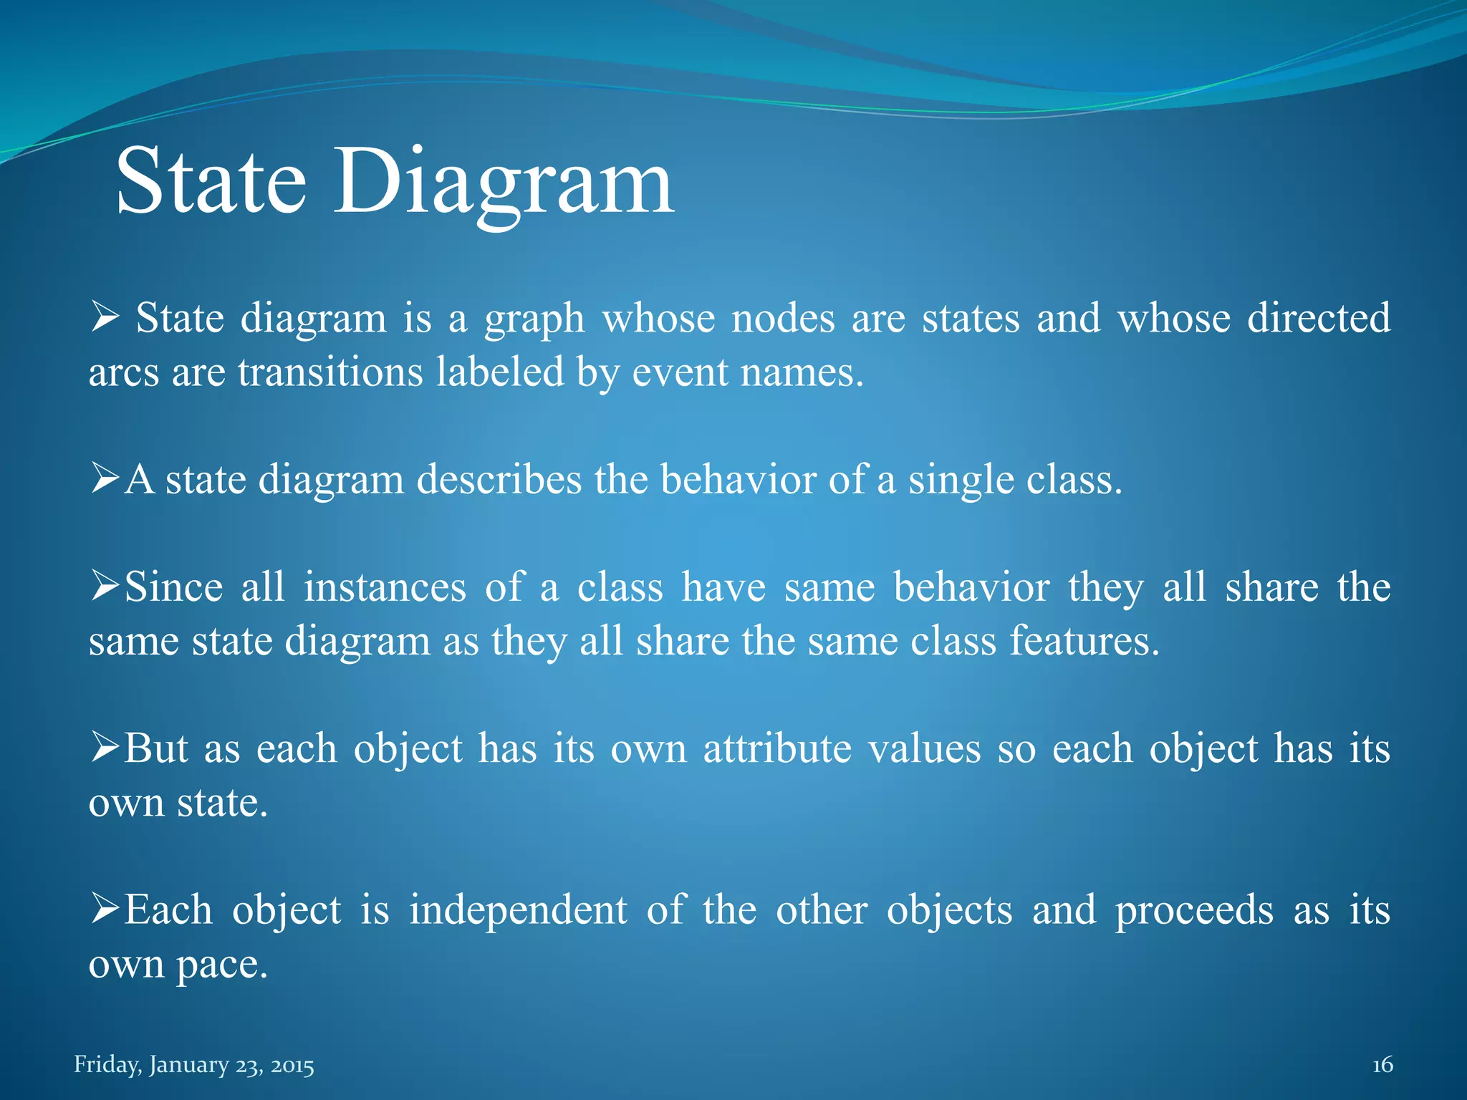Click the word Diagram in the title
coord(504,183)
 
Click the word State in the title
coord(211,183)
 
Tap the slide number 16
coord(1382,1065)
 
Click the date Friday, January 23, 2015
coord(194,1065)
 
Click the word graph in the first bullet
coord(534,319)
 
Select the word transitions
coord(330,372)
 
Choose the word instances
coord(385,587)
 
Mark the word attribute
coord(777,748)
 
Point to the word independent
coord(518,910)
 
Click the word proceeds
coord(1195,911)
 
